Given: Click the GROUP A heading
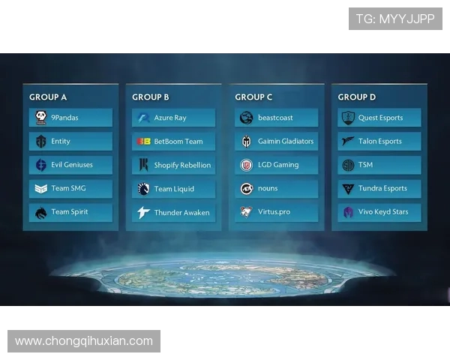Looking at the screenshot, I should pos(48,97).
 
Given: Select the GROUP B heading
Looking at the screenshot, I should pos(151,97).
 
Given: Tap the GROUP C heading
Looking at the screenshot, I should pos(253,97).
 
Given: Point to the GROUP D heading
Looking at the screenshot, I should pos(357,97).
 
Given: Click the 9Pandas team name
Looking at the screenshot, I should pos(64,118).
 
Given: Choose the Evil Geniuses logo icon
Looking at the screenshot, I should pos(40,165).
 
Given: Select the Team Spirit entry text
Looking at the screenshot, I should pos(70,212).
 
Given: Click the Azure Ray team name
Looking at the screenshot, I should pos(170,118).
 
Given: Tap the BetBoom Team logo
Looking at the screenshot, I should pos(143,142).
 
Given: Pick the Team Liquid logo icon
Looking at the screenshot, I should pos(143,189).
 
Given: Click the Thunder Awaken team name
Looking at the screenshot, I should pos(181,212).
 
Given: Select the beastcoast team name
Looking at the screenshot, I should pos(275,118).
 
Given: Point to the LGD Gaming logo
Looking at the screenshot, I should pos(246,165).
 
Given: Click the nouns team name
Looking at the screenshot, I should pos(268,189).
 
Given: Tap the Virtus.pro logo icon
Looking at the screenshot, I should pos(246,212).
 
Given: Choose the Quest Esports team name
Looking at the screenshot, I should pos(380,118).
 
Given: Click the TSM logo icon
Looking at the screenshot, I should pos(349,165).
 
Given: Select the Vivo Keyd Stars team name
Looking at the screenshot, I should pos(383,212).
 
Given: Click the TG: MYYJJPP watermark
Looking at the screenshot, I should pos(395,19).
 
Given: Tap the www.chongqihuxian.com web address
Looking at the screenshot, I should pos(84,341).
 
